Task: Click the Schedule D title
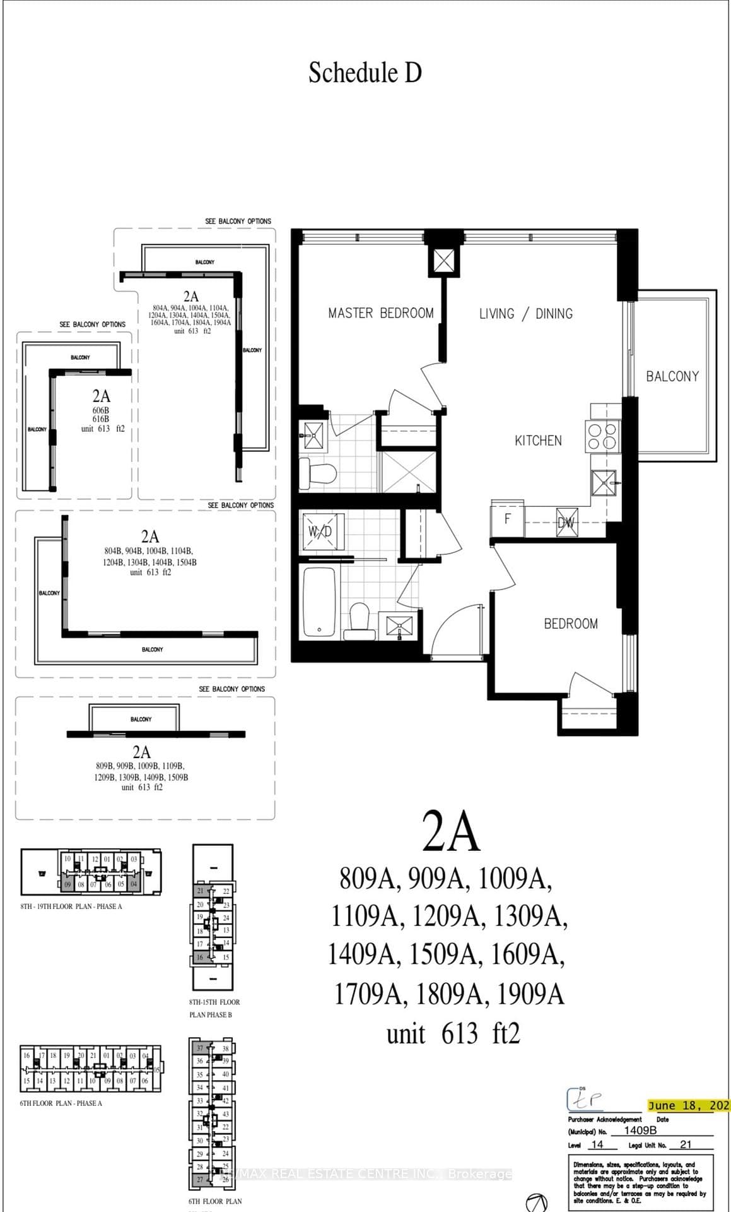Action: pyautogui.click(x=365, y=73)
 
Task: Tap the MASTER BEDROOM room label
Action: pyautogui.click(x=380, y=313)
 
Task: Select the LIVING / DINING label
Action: pyautogui.click(x=525, y=314)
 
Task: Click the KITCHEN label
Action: pyautogui.click(x=537, y=441)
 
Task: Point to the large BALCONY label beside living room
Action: pyautogui.click(x=672, y=376)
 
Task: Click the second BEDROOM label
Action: pyautogui.click(x=570, y=624)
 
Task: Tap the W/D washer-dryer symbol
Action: pyautogui.click(x=320, y=532)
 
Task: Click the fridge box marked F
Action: pyautogui.click(x=507, y=519)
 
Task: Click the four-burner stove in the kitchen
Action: pyautogui.click(x=602, y=436)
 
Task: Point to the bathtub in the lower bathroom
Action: pyautogui.click(x=320, y=602)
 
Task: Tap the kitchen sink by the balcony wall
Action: pyautogui.click(x=604, y=484)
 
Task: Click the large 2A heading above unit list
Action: pyautogui.click(x=450, y=832)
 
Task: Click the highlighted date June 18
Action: pyautogui.click(x=688, y=1105)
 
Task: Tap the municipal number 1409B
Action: pyautogui.click(x=640, y=1131)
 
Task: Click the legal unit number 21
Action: pyautogui.click(x=686, y=1144)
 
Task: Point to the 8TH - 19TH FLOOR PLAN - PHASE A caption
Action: pyautogui.click(x=71, y=906)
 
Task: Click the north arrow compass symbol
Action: pyautogui.click(x=536, y=1202)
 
